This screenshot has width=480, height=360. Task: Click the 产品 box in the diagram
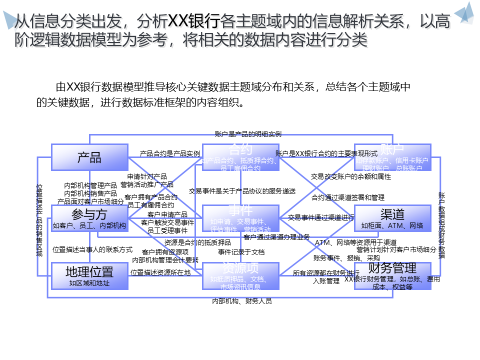click(x=90, y=157)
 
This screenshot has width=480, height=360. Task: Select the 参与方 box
click(x=90, y=218)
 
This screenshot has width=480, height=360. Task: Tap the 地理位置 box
click(x=90, y=275)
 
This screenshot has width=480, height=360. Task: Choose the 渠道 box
click(x=392, y=218)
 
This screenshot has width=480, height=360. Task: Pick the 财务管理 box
click(x=392, y=276)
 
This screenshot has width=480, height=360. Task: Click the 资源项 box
click(x=240, y=275)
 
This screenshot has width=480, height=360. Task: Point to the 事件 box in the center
click(x=240, y=218)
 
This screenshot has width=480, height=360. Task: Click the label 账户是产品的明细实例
click(x=248, y=134)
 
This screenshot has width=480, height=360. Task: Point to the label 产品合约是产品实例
click(x=170, y=153)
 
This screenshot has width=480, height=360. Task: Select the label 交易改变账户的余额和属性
click(x=351, y=176)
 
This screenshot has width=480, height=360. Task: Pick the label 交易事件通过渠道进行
click(x=321, y=217)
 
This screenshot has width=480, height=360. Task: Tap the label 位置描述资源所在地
click(x=160, y=272)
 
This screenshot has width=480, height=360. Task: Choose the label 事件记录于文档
click(x=241, y=252)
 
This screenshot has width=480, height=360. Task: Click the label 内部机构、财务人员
click(x=242, y=301)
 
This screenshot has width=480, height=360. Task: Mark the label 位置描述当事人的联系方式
click(x=92, y=249)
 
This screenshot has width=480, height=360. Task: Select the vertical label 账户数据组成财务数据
click(x=441, y=225)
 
